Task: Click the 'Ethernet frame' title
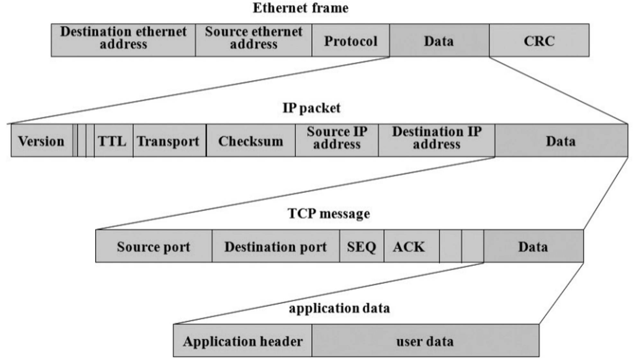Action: pos(300,8)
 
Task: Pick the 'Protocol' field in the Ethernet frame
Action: pos(350,41)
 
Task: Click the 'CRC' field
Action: pos(539,41)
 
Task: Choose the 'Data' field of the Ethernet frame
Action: pos(439,41)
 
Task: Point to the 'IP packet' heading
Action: pos(311,108)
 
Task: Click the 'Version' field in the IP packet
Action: pos(41,141)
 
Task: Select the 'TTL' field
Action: pos(112,141)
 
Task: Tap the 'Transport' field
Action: pos(168,141)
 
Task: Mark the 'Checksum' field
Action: pos(250,141)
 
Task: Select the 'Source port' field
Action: pos(154,246)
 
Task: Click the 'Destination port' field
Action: pos(276,246)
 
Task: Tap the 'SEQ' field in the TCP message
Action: pos(361,246)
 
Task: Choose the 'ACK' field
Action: pos(409,246)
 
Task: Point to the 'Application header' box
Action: pos(243,341)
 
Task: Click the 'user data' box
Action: pos(425,341)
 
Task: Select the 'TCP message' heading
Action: pos(329,214)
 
